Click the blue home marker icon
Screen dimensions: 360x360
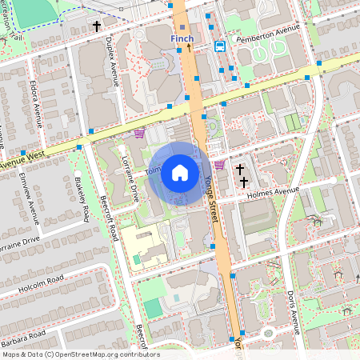pyautogui.click(x=180, y=173)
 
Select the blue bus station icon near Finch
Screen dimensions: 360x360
pyautogui.click(x=220, y=46)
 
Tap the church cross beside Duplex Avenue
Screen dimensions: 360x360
pyautogui.click(x=97, y=26)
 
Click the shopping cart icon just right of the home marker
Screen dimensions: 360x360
pyautogui.click(x=218, y=164)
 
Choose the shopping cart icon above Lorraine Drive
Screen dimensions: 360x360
pyautogui.click(x=139, y=134)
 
